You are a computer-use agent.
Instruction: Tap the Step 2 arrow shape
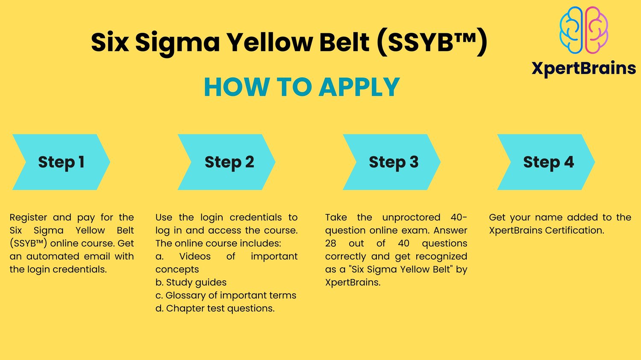click(226, 162)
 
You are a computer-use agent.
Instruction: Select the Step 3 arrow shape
click(392, 162)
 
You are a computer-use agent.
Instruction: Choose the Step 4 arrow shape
click(546, 162)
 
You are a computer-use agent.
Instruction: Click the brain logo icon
click(584, 30)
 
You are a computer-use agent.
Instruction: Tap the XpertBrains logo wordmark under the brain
click(584, 68)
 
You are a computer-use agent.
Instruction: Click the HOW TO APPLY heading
click(302, 87)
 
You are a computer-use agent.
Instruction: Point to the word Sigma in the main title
click(177, 43)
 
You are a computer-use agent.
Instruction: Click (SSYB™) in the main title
click(432, 42)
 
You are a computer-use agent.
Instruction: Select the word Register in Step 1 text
click(28, 218)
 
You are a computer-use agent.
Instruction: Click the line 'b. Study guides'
click(191, 283)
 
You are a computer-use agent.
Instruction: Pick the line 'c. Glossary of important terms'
click(226, 296)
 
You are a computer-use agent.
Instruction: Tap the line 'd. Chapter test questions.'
click(215, 308)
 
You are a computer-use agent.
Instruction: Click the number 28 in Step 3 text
click(330, 243)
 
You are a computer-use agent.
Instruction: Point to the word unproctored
click(411, 218)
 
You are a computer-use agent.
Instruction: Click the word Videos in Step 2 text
click(195, 257)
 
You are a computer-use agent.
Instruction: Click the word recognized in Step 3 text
click(441, 257)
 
